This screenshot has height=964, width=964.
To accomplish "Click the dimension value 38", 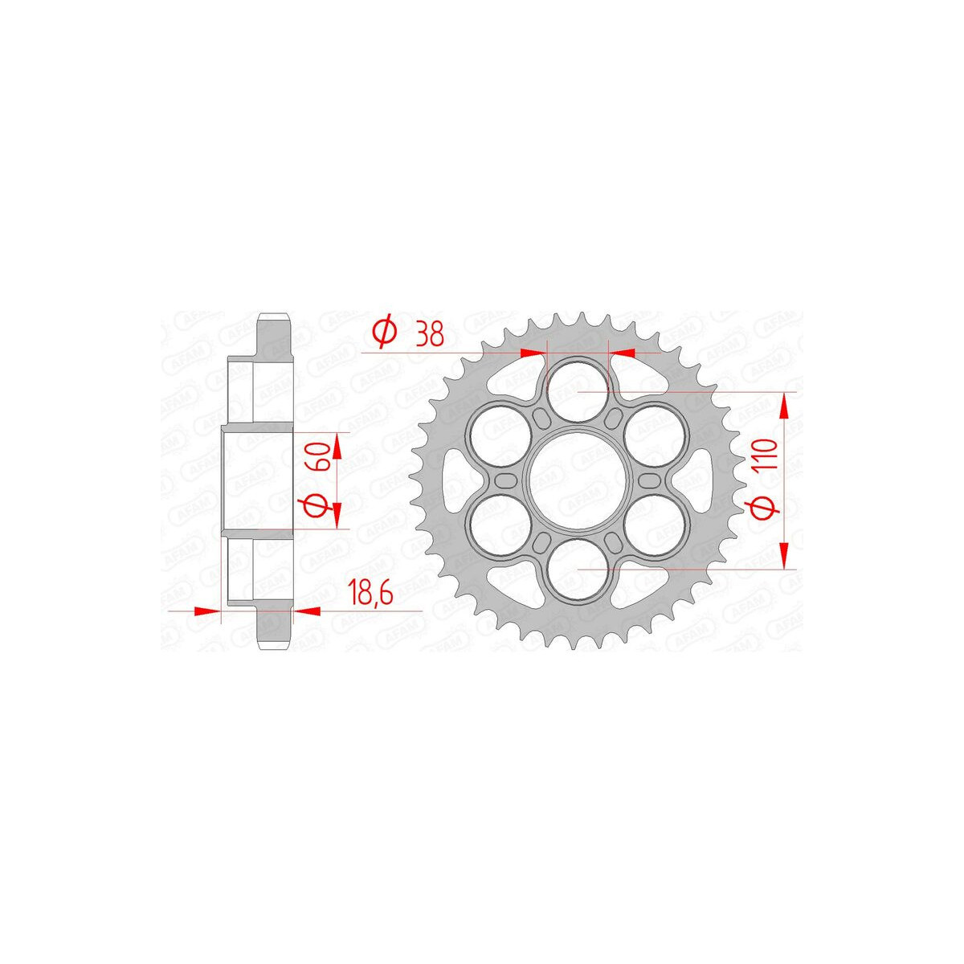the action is click(x=429, y=335).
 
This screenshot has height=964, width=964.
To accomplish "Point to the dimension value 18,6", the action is click(x=371, y=594).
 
